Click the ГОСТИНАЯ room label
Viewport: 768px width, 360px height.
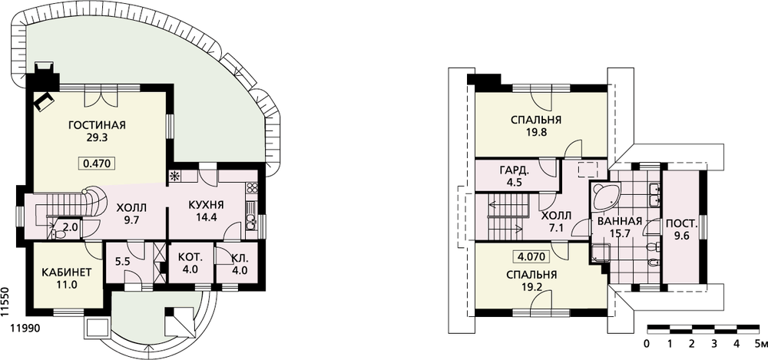[x=97, y=125]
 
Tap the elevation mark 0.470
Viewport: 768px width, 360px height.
[x=97, y=163]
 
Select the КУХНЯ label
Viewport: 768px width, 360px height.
[x=206, y=205]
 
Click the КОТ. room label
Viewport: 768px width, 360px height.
[x=190, y=258]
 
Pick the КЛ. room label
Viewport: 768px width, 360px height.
[x=240, y=258]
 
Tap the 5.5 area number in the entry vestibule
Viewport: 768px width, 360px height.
[x=121, y=262]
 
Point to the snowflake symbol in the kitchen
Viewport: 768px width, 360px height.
[x=174, y=177]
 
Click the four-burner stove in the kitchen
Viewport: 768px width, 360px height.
[x=252, y=189]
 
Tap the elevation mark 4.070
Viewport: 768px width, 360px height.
[x=531, y=256]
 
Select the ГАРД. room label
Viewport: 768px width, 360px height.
[x=514, y=171]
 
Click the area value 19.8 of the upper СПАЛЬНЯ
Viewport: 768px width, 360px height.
[x=536, y=132]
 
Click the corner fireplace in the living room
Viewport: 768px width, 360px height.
[x=44, y=102]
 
